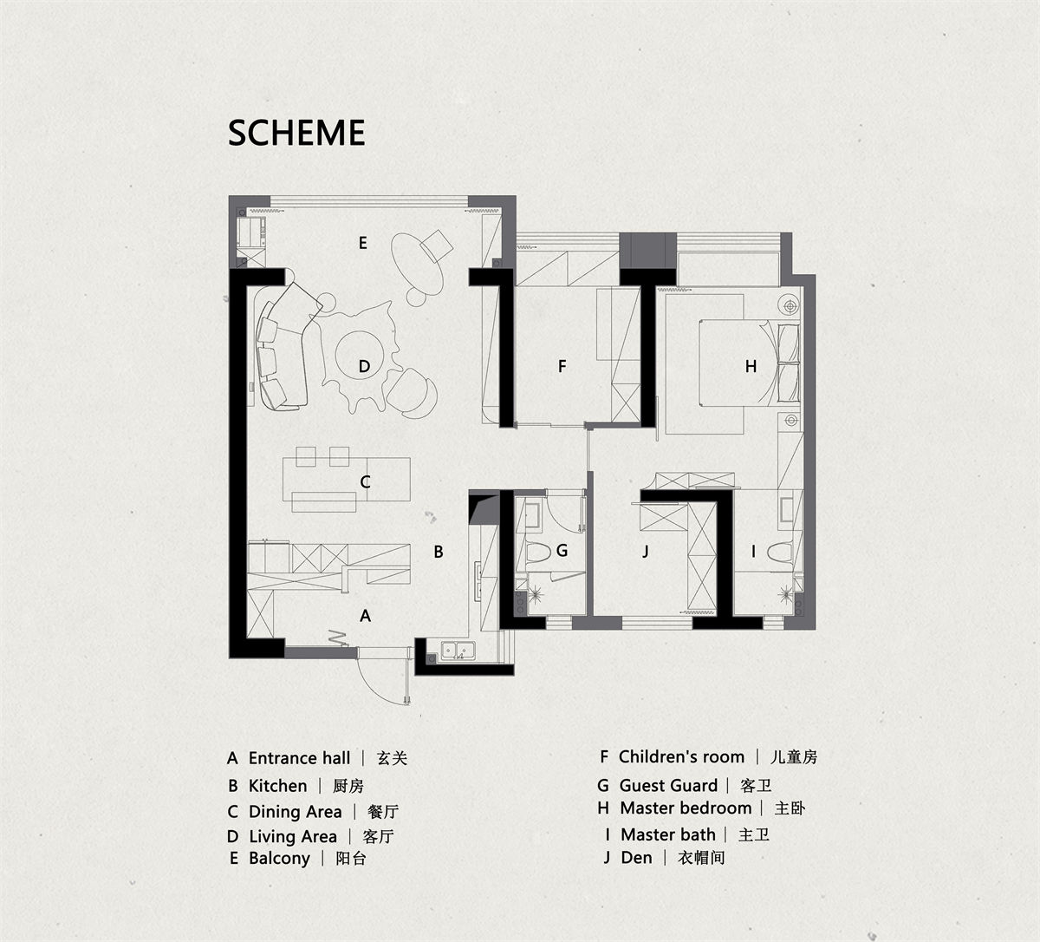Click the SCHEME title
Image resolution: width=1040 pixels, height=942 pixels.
[296, 133]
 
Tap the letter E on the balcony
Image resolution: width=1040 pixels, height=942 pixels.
[363, 242]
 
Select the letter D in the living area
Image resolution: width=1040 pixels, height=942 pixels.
[365, 366]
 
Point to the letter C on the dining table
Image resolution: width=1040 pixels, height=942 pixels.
[365, 481]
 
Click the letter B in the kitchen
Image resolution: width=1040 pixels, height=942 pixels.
[439, 552]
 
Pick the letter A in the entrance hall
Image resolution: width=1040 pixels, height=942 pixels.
[366, 616]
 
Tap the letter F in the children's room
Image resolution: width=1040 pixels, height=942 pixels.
[562, 366]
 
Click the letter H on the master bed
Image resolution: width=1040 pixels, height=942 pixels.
[751, 366]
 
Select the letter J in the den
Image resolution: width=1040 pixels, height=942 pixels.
[646, 551]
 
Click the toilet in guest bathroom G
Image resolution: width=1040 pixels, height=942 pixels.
[538, 552]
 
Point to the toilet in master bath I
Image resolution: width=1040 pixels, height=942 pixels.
[780, 552]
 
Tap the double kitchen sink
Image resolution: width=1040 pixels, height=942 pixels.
[458, 651]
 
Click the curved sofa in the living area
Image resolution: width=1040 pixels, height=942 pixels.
[284, 347]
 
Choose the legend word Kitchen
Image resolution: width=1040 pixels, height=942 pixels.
[278, 786]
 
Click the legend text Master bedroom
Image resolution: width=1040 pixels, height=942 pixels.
[686, 808]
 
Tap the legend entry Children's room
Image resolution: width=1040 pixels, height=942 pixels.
[682, 756]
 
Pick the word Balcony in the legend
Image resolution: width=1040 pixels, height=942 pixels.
[279, 858]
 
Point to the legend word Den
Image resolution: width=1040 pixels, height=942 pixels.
[637, 857]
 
